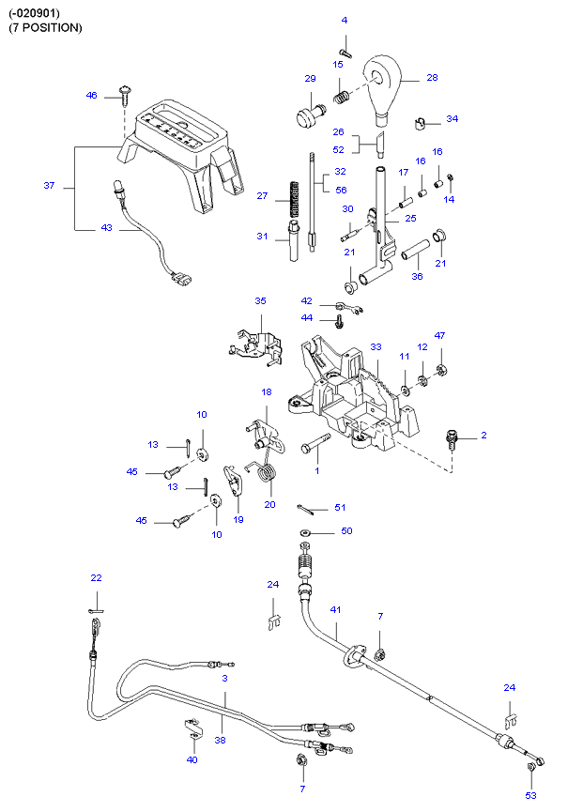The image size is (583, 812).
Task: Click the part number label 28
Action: click(432, 78)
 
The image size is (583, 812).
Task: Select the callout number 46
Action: click(91, 96)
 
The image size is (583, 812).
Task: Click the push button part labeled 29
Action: click(307, 116)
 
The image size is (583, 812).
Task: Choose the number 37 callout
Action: click(49, 186)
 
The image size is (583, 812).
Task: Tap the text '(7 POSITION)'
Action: click(46, 27)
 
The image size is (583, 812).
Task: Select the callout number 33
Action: click(376, 347)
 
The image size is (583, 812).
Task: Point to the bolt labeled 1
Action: click(315, 449)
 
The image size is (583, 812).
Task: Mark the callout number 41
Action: click(336, 609)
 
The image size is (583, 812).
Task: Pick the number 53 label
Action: click(531, 795)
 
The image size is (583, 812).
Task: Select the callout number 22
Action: click(96, 577)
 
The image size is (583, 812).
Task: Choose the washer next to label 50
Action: click(306, 533)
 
